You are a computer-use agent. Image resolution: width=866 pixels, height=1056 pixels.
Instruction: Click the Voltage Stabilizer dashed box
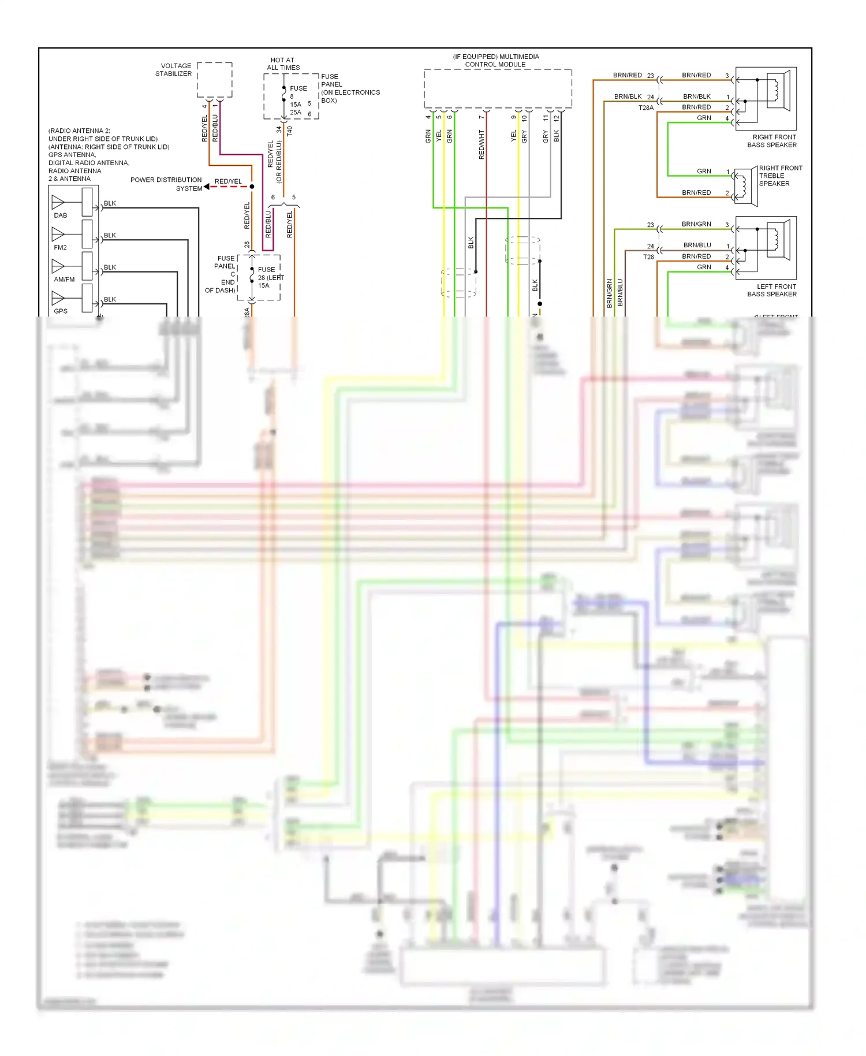214,80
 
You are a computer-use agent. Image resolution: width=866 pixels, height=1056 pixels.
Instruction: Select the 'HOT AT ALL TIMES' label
283,64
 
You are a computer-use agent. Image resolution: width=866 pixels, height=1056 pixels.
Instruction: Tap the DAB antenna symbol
58,202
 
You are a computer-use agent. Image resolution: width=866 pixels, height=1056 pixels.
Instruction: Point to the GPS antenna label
61,311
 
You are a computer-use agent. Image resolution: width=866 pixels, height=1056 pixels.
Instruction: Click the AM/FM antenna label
64,279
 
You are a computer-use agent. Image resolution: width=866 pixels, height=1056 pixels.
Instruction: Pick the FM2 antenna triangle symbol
58,234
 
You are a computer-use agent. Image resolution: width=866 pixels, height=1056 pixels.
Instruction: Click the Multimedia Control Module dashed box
498,88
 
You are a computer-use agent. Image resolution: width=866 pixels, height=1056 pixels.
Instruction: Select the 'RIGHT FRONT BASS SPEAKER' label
772,141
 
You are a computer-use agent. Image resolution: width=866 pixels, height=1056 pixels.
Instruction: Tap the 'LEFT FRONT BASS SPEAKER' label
772,290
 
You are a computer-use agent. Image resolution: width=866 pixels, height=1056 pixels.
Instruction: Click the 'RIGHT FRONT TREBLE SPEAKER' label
780,176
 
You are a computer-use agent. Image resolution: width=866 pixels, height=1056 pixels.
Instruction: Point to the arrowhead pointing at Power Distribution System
207,187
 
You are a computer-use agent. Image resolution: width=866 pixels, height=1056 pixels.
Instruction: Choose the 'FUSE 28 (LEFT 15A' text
270,277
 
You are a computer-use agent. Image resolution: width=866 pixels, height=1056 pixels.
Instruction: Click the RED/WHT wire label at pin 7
481,144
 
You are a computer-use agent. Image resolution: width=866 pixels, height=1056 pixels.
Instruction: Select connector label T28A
646,107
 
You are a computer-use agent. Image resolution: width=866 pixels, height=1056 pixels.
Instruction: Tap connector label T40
290,131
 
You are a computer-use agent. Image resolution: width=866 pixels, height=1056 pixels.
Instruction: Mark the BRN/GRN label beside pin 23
696,224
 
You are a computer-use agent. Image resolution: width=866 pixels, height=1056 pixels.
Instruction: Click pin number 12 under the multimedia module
557,118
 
